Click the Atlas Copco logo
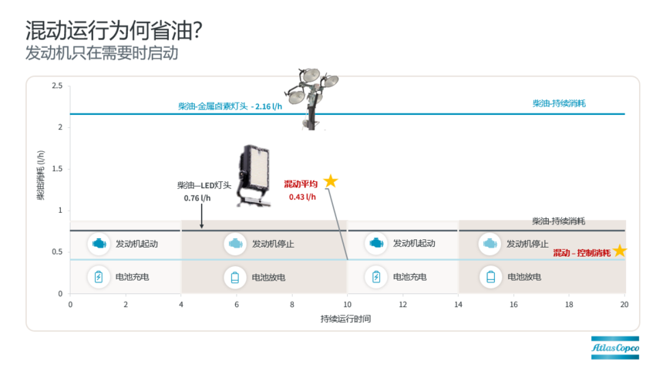coord(614,348)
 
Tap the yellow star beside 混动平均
coord(331,181)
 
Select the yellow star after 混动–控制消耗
coord(620,251)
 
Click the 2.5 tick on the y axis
coord(57,86)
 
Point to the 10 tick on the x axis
coord(347,305)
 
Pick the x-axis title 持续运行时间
coord(345,319)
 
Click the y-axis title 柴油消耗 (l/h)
coord(41,175)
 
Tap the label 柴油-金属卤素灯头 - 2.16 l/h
coord(230,106)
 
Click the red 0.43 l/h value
coord(302,197)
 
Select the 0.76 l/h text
coord(197,198)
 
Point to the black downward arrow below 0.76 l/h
coord(202,216)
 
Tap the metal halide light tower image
coord(311,99)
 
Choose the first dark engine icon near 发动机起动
coord(99,244)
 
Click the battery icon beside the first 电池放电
coord(235,277)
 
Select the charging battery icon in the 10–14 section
coord(376,277)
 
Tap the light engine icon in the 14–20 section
coord(490,244)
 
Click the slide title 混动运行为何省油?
coord(114,30)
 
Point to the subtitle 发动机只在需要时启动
coord(102,53)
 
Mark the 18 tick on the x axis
coord(569,305)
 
